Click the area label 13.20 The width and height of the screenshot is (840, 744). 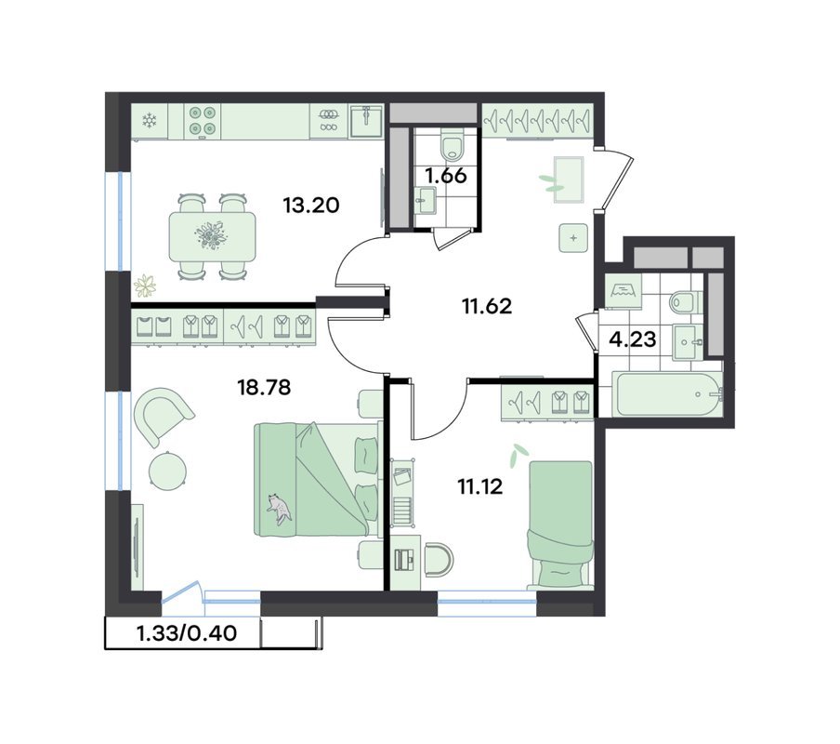pyautogui.click(x=311, y=205)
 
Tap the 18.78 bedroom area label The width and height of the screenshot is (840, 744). pyautogui.click(x=264, y=386)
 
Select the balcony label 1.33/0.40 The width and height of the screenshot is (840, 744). pyautogui.click(x=187, y=633)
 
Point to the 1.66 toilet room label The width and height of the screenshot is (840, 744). pyautogui.click(x=446, y=175)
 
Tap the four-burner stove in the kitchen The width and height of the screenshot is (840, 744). pyautogui.click(x=203, y=120)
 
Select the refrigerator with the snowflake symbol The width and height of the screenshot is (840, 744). pyautogui.click(x=150, y=121)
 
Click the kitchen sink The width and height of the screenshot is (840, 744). pyautogui.click(x=366, y=121)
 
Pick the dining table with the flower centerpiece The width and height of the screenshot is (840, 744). pyautogui.click(x=212, y=237)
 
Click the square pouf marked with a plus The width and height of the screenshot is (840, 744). pyautogui.click(x=573, y=237)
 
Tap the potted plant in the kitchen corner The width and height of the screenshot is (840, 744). pyautogui.click(x=145, y=286)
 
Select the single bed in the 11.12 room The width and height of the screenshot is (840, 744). pyautogui.click(x=560, y=525)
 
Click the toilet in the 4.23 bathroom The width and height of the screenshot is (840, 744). pyautogui.click(x=685, y=301)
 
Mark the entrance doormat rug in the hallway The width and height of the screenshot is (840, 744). pyautogui.click(x=569, y=179)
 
